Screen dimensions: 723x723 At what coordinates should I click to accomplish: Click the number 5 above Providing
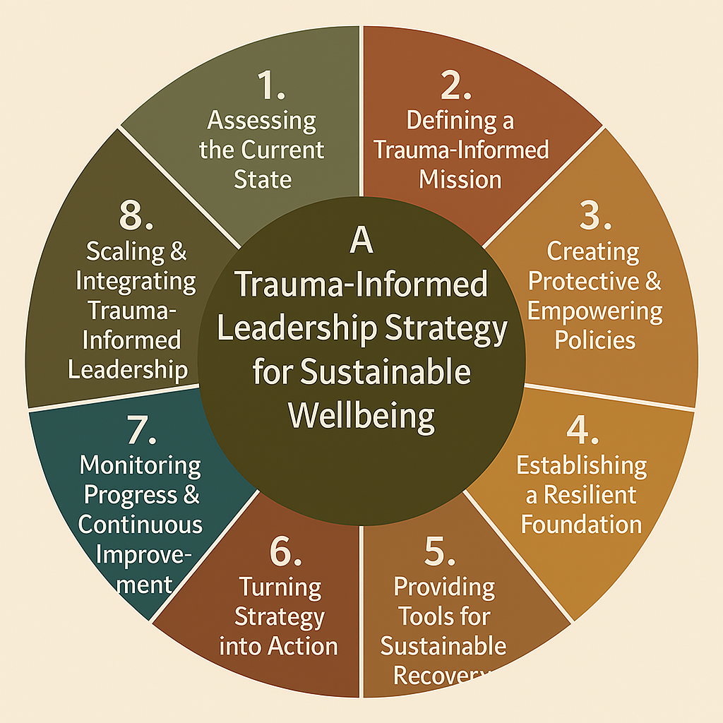(440, 551)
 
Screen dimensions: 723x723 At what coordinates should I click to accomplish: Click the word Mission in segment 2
(460, 179)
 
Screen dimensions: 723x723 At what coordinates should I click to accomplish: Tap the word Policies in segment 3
(594, 340)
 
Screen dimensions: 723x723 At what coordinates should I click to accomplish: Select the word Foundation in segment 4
(582, 524)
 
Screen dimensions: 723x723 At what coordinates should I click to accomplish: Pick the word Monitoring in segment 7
(141, 465)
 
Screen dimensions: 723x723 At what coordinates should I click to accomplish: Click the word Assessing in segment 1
(262, 120)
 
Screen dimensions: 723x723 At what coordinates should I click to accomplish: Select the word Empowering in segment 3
(595, 311)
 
